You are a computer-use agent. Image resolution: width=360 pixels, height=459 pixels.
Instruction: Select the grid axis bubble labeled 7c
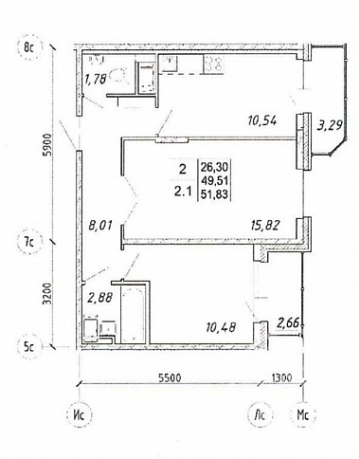pyautogui.click(x=29, y=243)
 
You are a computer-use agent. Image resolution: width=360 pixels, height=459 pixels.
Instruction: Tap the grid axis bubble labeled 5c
pyautogui.click(x=29, y=347)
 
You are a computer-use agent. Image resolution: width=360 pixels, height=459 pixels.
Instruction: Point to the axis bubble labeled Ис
pyautogui.click(x=79, y=414)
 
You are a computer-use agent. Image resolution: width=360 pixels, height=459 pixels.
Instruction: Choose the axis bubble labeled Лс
pyautogui.click(x=261, y=414)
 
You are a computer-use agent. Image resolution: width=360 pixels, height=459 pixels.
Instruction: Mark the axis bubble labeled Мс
pyautogui.click(x=303, y=414)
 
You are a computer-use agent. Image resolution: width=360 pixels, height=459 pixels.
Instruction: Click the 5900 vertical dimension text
pyautogui.click(x=47, y=145)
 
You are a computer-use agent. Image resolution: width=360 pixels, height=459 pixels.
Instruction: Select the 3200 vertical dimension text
pyautogui.click(x=46, y=293)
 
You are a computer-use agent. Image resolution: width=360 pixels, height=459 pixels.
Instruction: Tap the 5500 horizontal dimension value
pyautogui.click(x=170, y=377)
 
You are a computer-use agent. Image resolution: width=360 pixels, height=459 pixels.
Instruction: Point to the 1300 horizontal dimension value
pyautogui.click(x=281, y=377)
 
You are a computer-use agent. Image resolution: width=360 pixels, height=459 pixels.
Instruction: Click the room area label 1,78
pyautogui.click(x=95, y=79)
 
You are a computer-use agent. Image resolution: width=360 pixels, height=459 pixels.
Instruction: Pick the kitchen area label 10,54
pyautogui.click(x=262, y=120)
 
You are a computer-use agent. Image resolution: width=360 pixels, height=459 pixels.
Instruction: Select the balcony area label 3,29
pyautogui.click(x=330, y=125)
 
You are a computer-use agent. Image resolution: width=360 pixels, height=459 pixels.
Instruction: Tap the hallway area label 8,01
pyautogui.click(x=100, y=227)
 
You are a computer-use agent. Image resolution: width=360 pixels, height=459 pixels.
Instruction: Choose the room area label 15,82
pyautogui.click(x=265, y=226)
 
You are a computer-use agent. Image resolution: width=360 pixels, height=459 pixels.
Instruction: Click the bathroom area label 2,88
pyautogui.click(x=100, y=298)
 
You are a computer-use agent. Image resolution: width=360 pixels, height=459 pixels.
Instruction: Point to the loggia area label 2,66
pyautogui.click(x=288, y=323)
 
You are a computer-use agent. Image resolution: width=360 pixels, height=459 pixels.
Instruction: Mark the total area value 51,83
pyautogui.click(x=216, y=194)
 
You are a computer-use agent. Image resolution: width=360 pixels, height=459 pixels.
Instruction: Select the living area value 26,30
pyautogui.click(x=216, y=167)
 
